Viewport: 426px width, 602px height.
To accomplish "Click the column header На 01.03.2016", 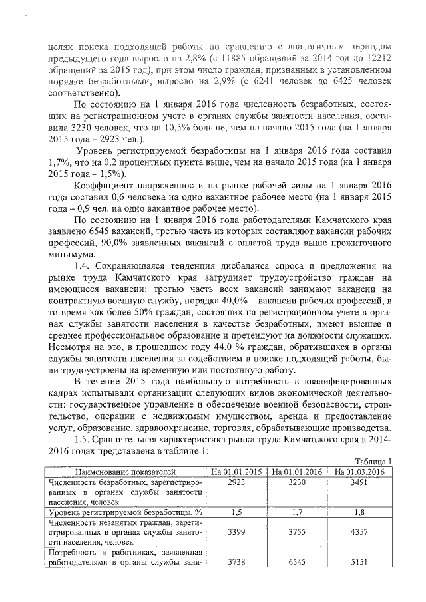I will click(361, 471).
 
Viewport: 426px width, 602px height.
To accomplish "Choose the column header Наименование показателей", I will click(124, 471).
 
